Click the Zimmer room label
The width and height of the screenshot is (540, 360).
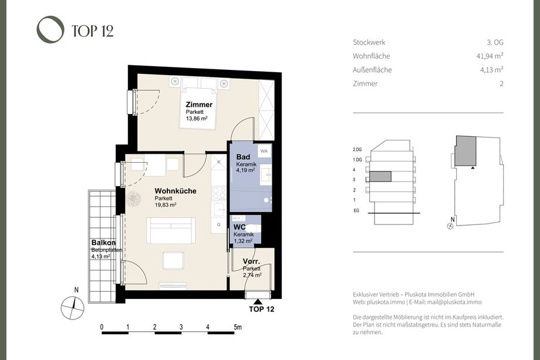coord(199,105)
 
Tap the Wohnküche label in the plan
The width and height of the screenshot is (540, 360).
coord(176,191)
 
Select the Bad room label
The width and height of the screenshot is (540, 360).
coord(243,157)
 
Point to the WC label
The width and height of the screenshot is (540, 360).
coord(239,227)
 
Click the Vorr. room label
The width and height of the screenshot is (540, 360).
coord(251,261)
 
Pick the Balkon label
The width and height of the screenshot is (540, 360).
coord(103,243)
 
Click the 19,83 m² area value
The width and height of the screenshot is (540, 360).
coord(166,204)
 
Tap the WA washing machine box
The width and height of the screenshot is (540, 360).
coord(264,151)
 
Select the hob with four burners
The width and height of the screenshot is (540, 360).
coord(219,194)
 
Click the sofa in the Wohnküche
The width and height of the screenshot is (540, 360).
coord(171,230)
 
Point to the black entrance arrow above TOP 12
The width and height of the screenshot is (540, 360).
coord(257,301)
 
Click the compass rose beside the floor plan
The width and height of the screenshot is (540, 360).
coord(73,308)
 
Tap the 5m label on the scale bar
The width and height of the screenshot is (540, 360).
coord(238,327)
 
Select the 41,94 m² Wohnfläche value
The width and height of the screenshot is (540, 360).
coord(490,56)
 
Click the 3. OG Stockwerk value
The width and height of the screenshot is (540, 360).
coord(495,42)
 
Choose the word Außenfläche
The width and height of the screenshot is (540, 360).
coord(372,69)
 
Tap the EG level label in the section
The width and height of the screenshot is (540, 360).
coord(356,210)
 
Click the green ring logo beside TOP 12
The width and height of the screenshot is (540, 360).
coord(50,29)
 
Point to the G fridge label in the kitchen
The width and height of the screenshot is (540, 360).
coord(219,224)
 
